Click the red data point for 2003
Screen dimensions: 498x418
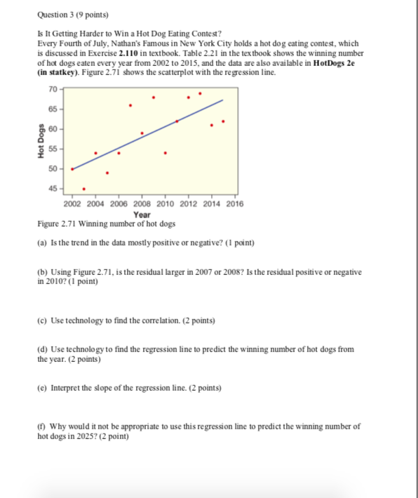(84, 189)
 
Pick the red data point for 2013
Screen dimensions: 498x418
(200, 93)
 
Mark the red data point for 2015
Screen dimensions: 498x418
(223, 121)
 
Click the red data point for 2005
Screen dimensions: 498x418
(107, 173)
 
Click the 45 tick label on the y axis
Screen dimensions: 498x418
(54, 188)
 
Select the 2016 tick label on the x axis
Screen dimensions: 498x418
(234, 204)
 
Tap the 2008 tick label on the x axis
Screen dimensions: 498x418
(142, 204)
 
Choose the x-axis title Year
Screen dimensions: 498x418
(142, 214)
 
